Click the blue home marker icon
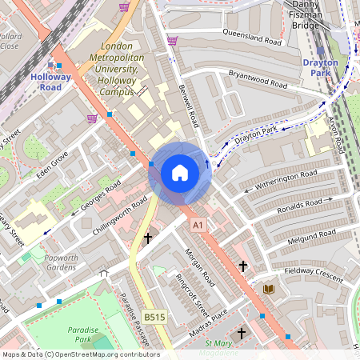click(180, 172)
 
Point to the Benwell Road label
click(188, 107)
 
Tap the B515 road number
click(154, 318)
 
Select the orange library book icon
click(269, 288)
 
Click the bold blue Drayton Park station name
click(320, 67)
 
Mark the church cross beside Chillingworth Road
click(147, 238)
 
